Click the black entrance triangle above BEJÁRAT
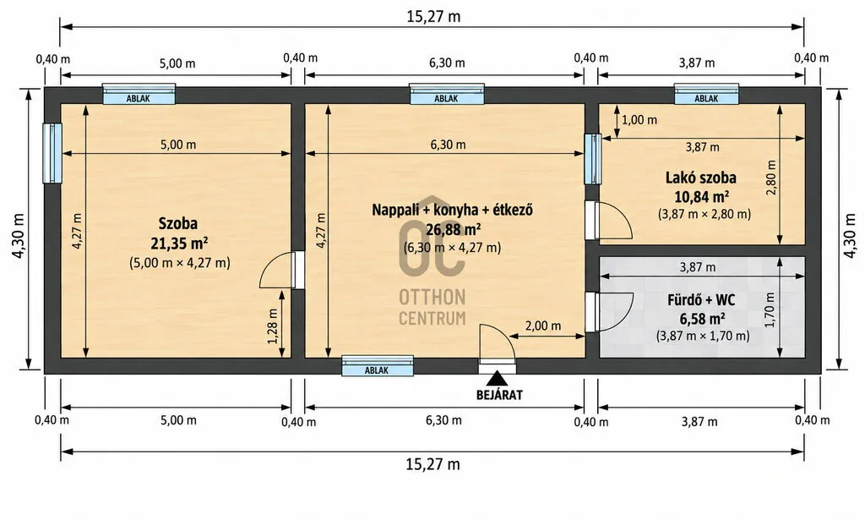tap(497, 378)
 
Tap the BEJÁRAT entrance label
tap(499, 395)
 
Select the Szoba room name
tap(177, 223)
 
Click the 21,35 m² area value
tap(179, 243)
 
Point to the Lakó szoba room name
tap(700, 178)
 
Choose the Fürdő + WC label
tap(701, 300)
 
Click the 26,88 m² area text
tap(453, 228)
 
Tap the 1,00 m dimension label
tap(639, 120)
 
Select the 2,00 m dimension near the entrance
tap(543, 326)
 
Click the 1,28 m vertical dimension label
tap(273, 326)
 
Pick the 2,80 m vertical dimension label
tap(770, 178)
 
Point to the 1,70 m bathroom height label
tap(770, 309)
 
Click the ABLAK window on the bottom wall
tap(378, 366)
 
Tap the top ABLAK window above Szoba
tap(139, 94)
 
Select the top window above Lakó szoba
tap(706, 94)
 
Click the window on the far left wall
tap(52, 153)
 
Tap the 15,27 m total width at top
tap(433, 17)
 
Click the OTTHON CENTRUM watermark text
tap(432, 308)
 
